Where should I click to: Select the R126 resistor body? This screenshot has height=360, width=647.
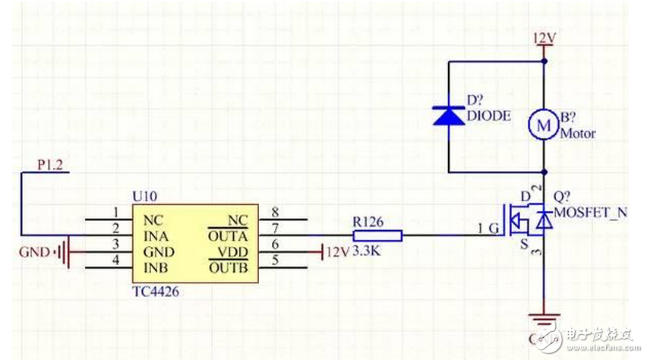point(373,235)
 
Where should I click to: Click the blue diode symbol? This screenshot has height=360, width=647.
point(448,115)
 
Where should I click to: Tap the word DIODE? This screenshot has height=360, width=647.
point(489,116)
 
